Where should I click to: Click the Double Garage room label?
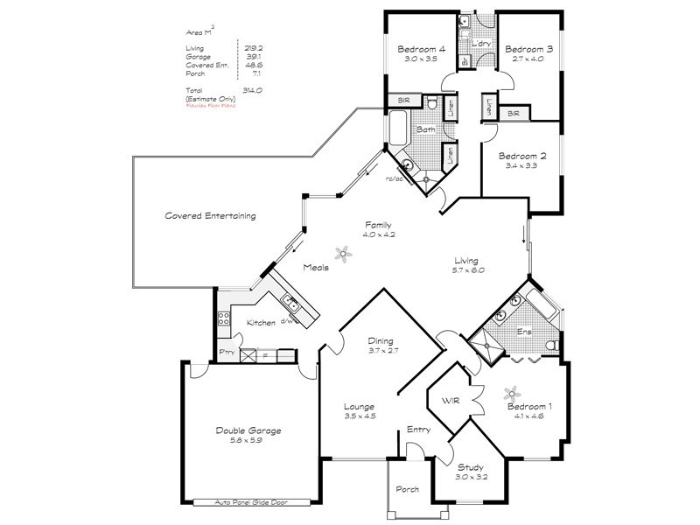tap(248, 430)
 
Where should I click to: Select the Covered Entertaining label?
tap(210, 215)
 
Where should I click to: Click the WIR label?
tap(451, 401)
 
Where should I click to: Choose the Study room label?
tap(471, 467)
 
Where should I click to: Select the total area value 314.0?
tap(254, 91)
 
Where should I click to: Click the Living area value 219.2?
tap(254, 48)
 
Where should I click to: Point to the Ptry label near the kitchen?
tap(227, 353)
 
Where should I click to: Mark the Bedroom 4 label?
tap(422, 50)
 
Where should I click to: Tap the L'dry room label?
tap(479, 44)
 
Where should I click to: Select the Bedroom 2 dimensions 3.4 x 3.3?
tap(522, 165)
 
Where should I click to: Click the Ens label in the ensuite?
tap(524, 332)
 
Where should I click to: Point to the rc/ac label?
tap(393, 178)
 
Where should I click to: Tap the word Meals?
tap(316, 268)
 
